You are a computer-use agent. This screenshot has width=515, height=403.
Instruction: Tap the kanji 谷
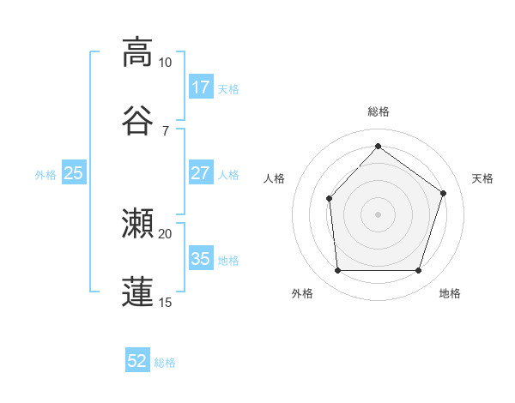tap(137, 120)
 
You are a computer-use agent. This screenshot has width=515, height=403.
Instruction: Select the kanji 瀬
tap(137, 224)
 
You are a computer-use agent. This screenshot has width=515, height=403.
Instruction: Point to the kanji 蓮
tap(137, 292)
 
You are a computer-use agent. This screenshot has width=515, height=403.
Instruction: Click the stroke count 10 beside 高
tap(165, 63)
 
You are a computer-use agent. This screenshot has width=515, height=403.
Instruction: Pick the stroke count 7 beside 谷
tap(165, 130)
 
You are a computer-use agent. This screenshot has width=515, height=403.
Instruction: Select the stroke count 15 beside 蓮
tap(165, 302)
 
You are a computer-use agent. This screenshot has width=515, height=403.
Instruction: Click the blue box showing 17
tap(200, 87)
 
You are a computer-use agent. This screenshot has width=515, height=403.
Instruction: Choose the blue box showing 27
tap(200, 173)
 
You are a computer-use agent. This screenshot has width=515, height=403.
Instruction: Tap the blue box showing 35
tap(200, 259)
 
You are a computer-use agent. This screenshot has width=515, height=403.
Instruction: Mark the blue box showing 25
tap(74, 173)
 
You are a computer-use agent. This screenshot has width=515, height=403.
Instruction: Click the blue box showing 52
tap(137, 362)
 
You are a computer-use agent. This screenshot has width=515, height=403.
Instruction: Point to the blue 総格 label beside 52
tap(165, 363)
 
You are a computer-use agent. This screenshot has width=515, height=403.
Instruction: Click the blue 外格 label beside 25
tap(45, 174)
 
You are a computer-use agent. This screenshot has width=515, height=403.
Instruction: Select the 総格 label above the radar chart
tap(378, 112)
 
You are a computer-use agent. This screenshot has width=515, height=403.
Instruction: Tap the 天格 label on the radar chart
tap(482, 178)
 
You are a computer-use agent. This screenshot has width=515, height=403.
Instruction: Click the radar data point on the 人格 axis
tap(330, 199)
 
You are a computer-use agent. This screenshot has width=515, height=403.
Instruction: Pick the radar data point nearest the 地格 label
tap(418, 271)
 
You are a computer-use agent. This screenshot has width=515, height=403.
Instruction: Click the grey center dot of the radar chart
tap(378, 214)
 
